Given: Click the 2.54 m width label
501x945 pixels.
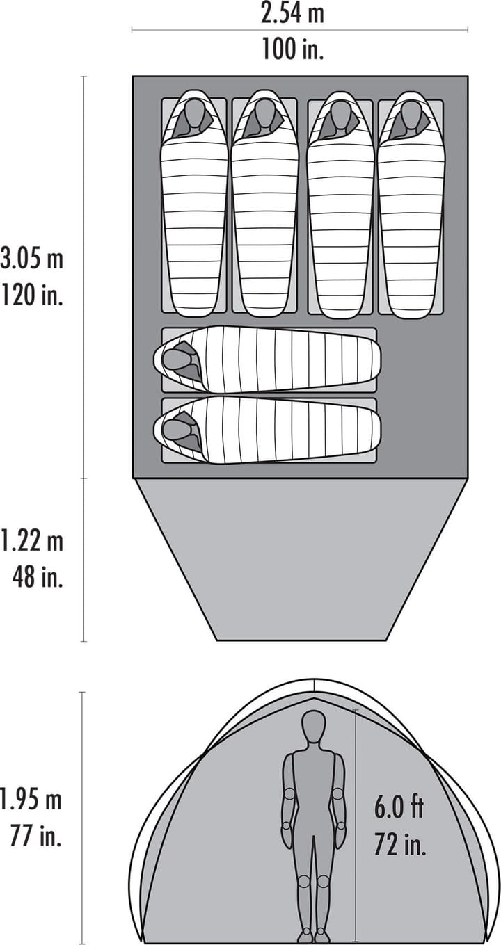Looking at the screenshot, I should point(292,13).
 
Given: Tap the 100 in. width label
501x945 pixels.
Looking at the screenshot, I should point(292,49).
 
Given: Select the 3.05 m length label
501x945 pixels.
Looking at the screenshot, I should point(31,259).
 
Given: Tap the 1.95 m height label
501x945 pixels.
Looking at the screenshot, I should point(31,800).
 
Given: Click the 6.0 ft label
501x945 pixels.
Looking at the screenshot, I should point(399,808).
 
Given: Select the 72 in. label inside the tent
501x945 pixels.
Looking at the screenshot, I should point(400,844).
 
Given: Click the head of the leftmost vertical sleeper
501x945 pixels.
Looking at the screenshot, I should point(194,115).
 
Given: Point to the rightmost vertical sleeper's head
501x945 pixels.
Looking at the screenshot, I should point(411,115).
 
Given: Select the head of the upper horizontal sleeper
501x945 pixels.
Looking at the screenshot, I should point(177,359).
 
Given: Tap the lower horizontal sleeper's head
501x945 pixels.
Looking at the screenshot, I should point(177,430).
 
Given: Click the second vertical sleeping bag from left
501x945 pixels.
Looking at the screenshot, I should point(264,223).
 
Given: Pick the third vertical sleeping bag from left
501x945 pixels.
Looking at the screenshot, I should point(340,223).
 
